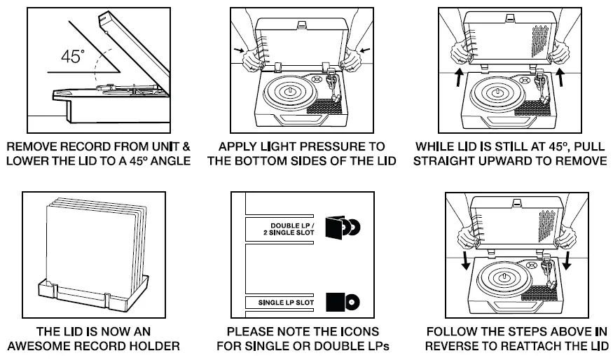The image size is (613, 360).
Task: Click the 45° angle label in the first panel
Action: coord(73,56)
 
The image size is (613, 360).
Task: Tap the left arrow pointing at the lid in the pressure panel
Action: coord(238,50)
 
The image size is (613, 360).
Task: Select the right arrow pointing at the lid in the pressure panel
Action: coord(365,50)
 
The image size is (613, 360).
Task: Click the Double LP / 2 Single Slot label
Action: coord(289,229)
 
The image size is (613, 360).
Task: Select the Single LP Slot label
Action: coord(286,303)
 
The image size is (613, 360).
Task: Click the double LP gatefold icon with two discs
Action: coord(343,227)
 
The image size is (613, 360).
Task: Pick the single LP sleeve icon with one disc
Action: coord(343,302)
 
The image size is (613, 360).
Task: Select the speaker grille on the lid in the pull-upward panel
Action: coord(542,42)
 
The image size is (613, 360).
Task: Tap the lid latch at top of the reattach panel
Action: coord(517,202)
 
